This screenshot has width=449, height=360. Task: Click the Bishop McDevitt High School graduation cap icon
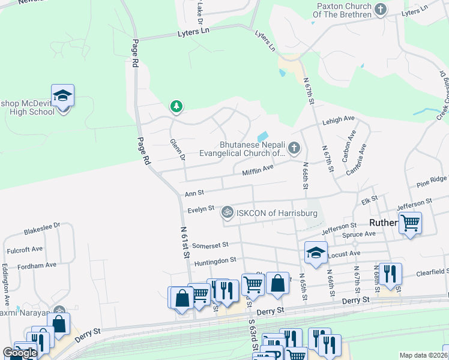point(62,95)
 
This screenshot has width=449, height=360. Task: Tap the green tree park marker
point(176,107)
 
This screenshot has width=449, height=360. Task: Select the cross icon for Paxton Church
point(380,10)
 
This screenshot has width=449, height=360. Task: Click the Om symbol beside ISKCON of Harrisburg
point(228,212)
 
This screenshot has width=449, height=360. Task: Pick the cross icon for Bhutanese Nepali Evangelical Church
point(294,147)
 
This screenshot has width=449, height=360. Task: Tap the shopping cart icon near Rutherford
point(410,223)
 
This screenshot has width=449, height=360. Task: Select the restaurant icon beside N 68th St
point(390,274)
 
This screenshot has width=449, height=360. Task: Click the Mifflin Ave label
point(258,172)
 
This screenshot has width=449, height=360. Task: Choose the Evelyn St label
point(201,208)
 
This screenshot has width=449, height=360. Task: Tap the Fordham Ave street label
point(37,264)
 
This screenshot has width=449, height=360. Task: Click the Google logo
point(20,353)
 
